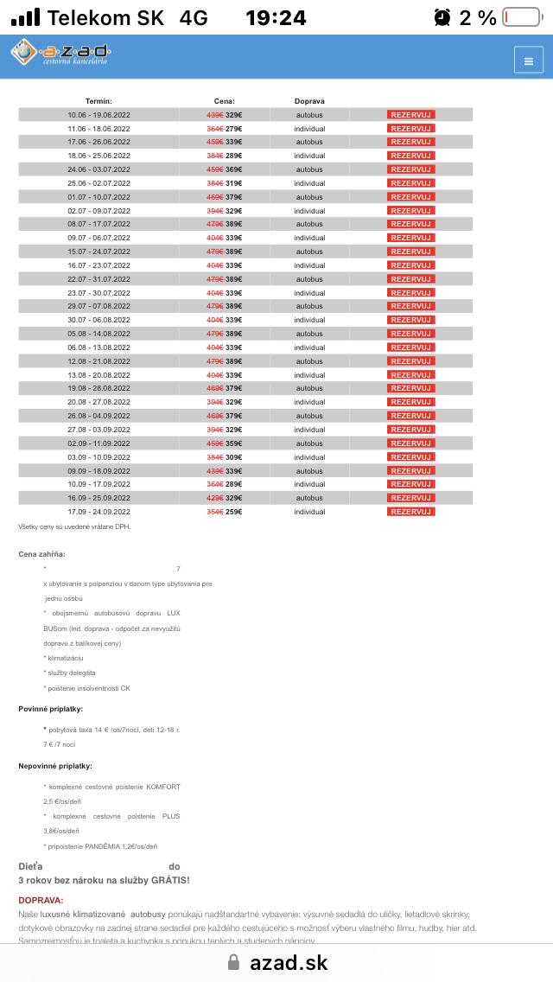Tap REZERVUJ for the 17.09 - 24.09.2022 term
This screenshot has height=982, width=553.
[x=410, y=512]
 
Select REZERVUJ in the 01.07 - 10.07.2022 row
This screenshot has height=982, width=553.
[x=410, y=197]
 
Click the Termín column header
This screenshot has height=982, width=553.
[x=99, y=101]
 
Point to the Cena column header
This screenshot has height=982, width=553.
[x=225, y=101]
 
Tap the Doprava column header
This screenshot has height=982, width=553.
[x=309, y=101]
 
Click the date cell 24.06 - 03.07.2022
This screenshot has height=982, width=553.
[x=99, y=169]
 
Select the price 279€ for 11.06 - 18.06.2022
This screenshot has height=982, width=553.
[x=234, y=128]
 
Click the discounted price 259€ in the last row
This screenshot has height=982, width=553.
[x=234, y=512]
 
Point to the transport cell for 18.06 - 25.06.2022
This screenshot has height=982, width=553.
[x=309, y=156]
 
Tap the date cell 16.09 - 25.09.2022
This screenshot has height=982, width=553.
[x=99, y=498]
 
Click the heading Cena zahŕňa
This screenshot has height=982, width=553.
[x=41, y=553]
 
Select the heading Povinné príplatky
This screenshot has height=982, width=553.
[x=50, y=709]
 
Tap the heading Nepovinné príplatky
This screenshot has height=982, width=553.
[x=55, y=766]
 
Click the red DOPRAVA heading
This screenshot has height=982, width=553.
[x=41, y=900]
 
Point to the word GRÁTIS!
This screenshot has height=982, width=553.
[x=167, y=880]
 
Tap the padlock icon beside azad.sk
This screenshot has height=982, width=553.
[x=232, y=962]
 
